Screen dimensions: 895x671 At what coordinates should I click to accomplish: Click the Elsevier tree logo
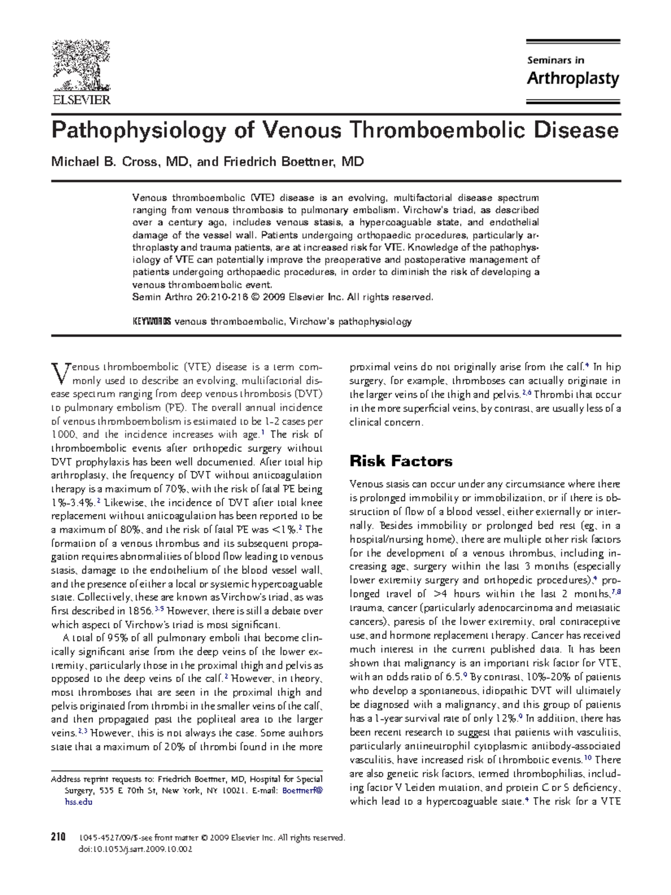pyautogui.click(x=81, y=65)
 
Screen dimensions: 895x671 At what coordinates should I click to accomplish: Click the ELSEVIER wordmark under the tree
pyautogui.click(x=81, y=100)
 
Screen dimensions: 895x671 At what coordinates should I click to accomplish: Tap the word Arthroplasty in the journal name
pyautogui.click(x=573, y=78)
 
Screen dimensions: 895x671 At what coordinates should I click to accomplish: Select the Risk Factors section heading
pyautogui.click(x=400, y=461)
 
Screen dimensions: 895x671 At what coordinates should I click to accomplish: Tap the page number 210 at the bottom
pyautogui.click(x=58, y=837)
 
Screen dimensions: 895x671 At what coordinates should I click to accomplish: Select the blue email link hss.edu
pyautogui.click(x=78, y=802)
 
